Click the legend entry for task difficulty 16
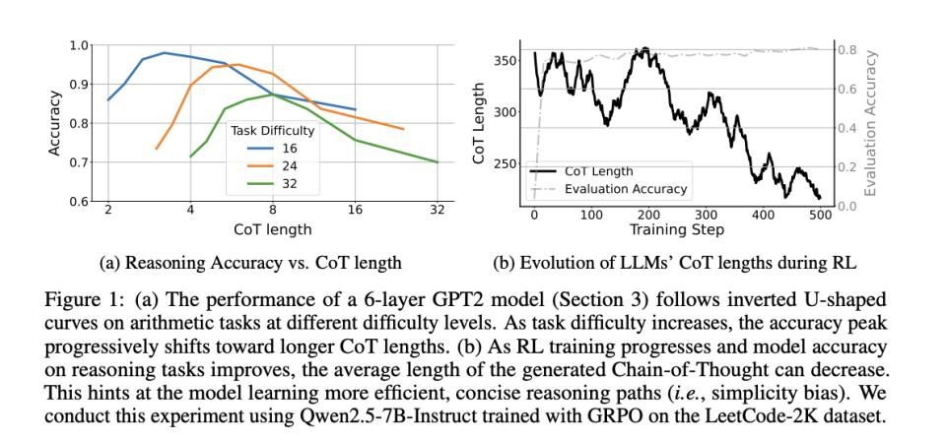pyautogui.click(x=275, y=147)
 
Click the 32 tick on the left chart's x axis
pyautogui.click(x=438, y=210)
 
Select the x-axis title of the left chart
pyautogui.click(x=272, y=228)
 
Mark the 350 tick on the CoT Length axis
pyautogui.click(x=507, y=61)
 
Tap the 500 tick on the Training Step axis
pyautogui.click(x=820, y=216)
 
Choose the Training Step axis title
pyautogui.click(x=677, y=230)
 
